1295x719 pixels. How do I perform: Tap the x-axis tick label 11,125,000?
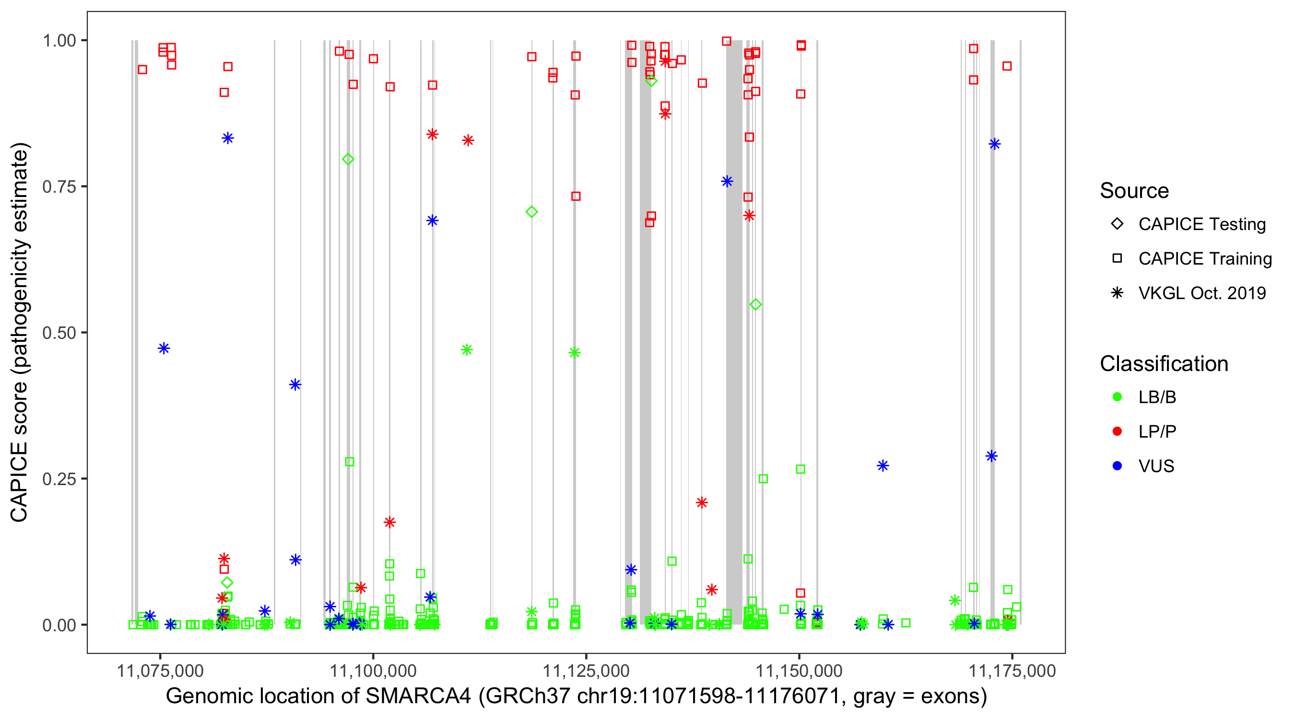coord(586,670)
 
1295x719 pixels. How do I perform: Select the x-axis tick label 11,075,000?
coord(160,670)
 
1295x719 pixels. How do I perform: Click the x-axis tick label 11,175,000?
coord(1012,670)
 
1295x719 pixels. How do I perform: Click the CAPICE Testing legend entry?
coord(1201,224)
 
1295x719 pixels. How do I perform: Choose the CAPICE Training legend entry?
coord(1204,259)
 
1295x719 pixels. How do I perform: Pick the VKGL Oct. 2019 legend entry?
coord(1201,293)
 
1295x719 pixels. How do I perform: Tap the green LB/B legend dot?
coord(1117,397)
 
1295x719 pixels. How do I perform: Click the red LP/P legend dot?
coord(1117,431)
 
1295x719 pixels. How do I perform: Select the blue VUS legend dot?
coord(1117,466)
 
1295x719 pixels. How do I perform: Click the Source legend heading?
coord(1134,191)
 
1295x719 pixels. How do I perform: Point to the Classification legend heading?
coord(1164,364)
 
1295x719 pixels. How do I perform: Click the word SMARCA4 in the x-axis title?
coord(418,696)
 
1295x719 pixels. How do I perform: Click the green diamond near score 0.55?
coord(755,304)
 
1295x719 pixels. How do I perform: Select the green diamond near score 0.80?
coord(348,159)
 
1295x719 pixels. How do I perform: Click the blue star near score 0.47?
coord(164,348)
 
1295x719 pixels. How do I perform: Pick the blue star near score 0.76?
coord(727,181)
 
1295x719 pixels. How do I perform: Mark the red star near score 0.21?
coord(702,502)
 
